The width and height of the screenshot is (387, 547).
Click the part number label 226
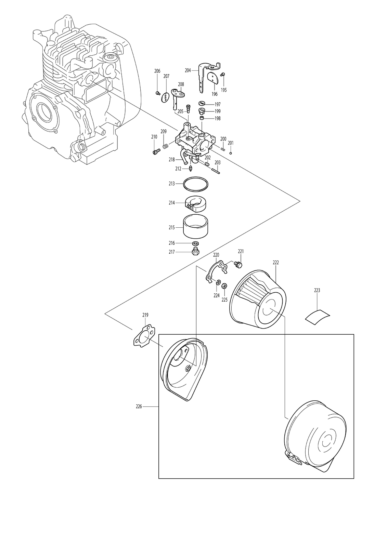139,406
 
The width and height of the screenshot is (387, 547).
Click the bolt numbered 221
238,264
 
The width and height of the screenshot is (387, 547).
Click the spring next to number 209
166,147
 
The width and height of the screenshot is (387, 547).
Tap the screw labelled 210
155,152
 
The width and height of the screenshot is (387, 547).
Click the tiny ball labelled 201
231,154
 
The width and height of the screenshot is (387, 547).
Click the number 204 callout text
188,70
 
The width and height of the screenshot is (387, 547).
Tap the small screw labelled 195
223,74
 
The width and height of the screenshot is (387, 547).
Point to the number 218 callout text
172,160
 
